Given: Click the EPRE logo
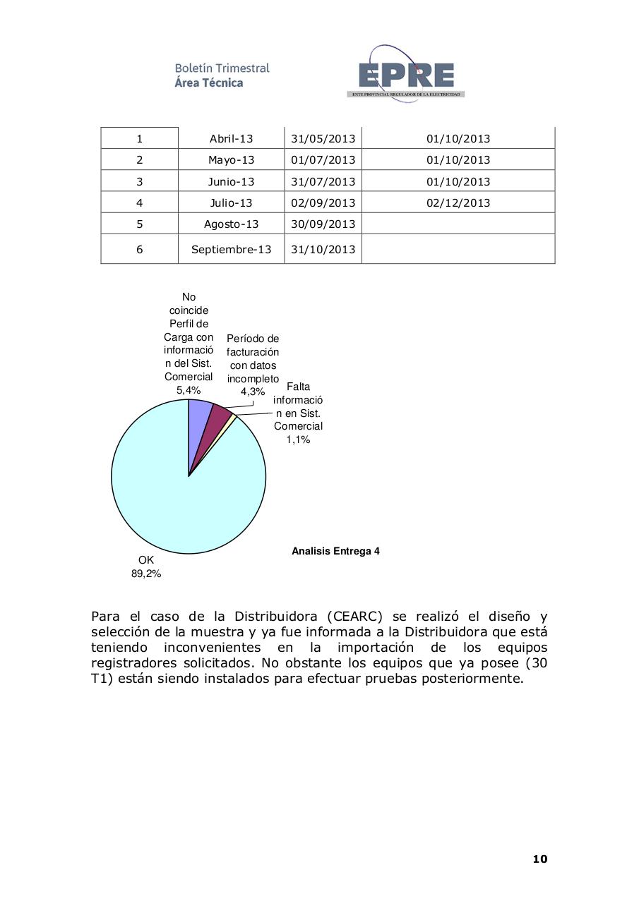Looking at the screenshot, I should [x=405, y=74].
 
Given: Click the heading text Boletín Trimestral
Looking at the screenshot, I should [x=222, y=68].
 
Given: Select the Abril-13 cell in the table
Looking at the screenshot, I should [x=231, y=139].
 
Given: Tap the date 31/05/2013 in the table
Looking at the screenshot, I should [x=323, y=139].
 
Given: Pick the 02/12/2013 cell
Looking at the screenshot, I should [x=458, y=203].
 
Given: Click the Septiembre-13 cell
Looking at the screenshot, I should [x=231, y=250].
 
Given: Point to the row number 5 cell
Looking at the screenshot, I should [x=139, y=224].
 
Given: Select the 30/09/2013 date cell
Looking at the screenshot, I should [x=323, y=224].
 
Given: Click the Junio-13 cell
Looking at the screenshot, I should [x=231, y=182].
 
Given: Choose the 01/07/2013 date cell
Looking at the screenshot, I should [x=323, y=160].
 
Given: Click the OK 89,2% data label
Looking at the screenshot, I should [x=146, y=566].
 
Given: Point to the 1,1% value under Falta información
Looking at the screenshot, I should [x=298, y=440].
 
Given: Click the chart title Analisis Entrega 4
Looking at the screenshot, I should [x=335, y=551].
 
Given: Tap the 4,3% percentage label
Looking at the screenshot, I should [x=252, y=392].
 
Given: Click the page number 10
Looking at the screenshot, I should [x=539, y=859].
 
